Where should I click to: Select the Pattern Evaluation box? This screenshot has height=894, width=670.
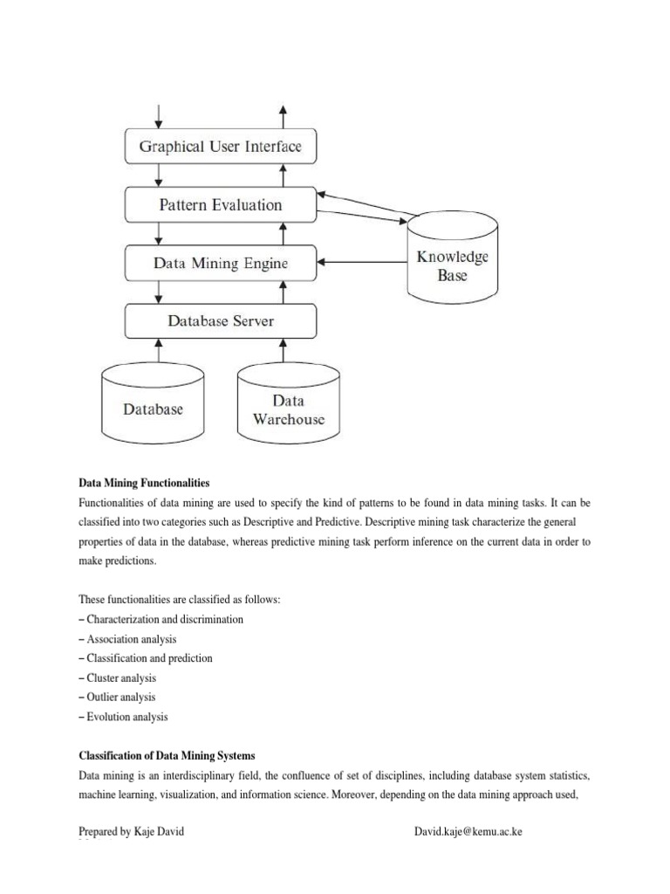tap(220, 205)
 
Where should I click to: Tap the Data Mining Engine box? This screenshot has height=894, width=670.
tap(220, 263)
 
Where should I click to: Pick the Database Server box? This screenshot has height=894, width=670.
tap(220, 321)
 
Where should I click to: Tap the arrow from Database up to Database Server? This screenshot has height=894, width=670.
tap(160, 350)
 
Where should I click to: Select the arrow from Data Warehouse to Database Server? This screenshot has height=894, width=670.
tap(283, 350)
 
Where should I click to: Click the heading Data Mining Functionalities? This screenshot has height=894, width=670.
tap(144, 483)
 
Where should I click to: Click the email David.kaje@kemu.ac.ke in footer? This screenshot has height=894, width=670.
tap(468, 832)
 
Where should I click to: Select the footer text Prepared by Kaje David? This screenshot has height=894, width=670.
tap(131, 832)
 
